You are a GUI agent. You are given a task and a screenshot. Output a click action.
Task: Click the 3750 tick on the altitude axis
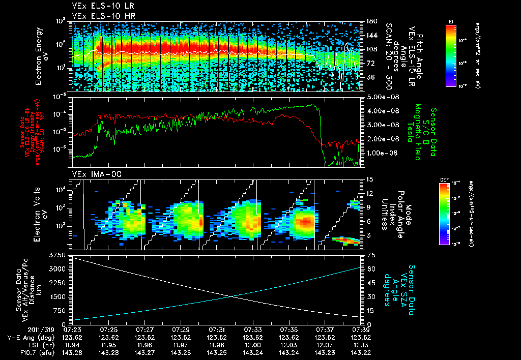pyautogui.click(x=60, y=254)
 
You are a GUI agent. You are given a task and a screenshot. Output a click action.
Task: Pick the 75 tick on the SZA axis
pyautogui.click(x=366, y=254)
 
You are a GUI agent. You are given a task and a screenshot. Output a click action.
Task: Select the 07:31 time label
pyautogui.click(x=217, y=330)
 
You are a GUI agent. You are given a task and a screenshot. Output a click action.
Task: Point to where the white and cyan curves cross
pyautogui.click(x=232, y=296)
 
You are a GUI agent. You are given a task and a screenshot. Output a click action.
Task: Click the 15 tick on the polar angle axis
pyautogui.click(x=366, y=179)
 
